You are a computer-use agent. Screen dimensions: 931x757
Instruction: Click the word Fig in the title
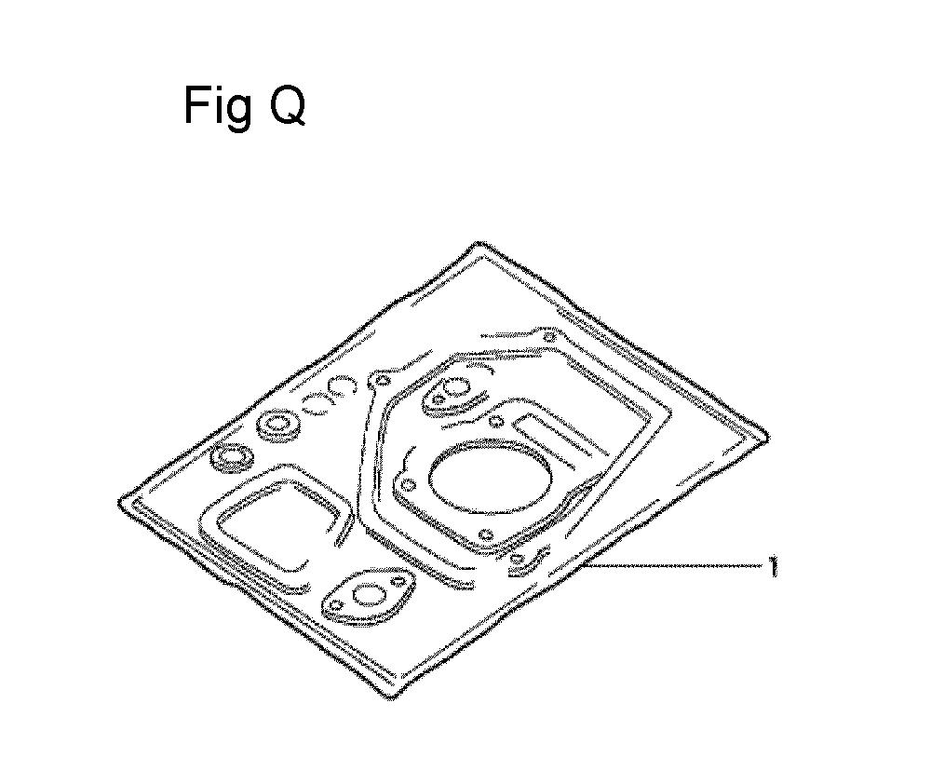tap(217, 106)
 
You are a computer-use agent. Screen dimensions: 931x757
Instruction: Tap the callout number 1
tap(772, 566)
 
